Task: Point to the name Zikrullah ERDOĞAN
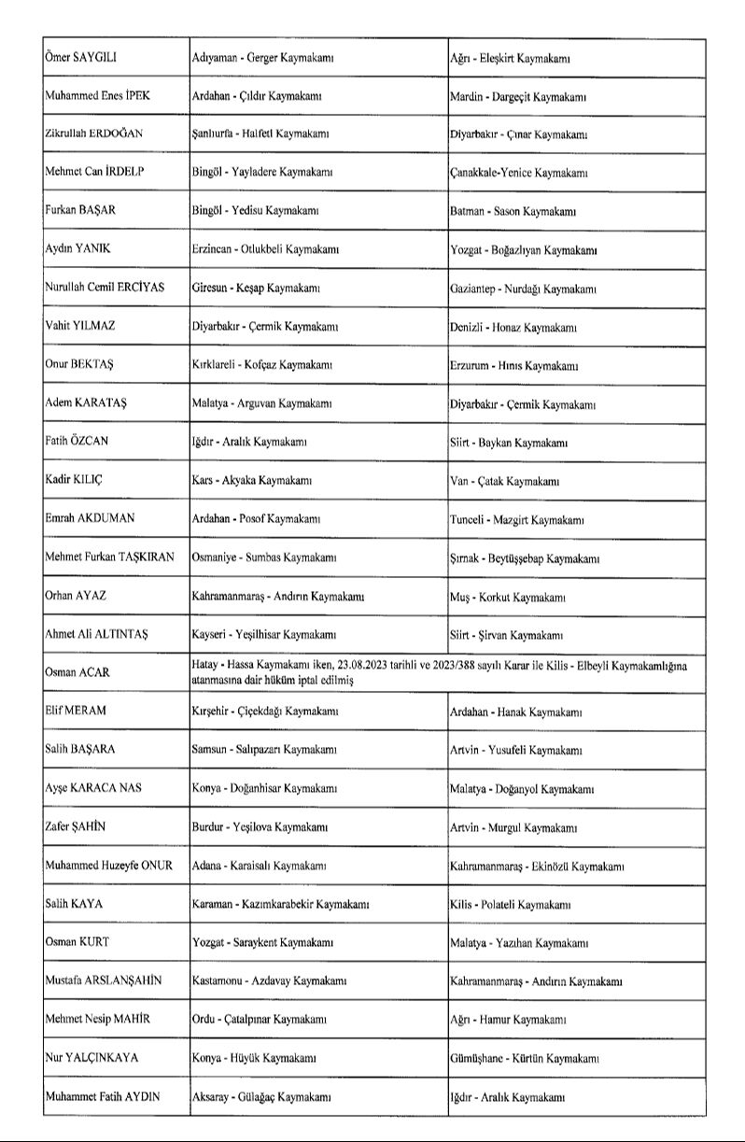93,134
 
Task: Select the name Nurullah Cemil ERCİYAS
104,288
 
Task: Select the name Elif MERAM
76,711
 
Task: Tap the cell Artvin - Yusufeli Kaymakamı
515,751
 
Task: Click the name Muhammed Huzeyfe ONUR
108,866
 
